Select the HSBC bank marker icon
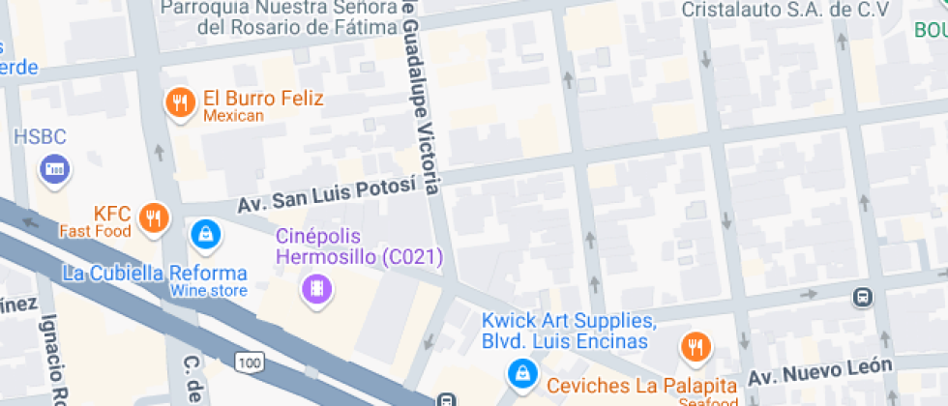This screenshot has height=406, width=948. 55,170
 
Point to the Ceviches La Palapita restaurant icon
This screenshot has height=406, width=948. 695,346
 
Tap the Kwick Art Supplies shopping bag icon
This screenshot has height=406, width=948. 522,371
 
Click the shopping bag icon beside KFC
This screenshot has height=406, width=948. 204,233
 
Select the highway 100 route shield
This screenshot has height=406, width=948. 248,362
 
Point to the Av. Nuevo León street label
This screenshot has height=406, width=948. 829,368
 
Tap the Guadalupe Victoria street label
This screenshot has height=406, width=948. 422,97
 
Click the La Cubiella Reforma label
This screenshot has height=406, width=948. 155,273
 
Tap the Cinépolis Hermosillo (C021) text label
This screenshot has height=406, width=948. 360,247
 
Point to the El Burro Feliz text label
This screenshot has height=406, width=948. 263,99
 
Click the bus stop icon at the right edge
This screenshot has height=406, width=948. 861,297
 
